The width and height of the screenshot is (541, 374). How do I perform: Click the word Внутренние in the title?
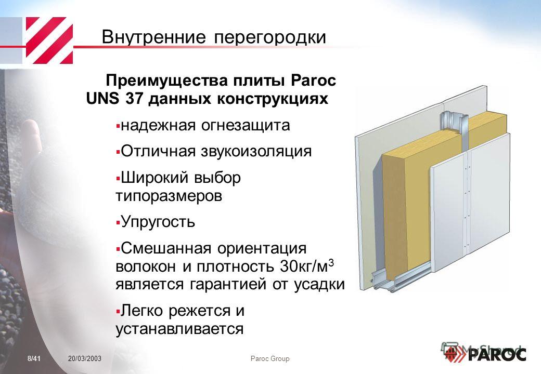154,37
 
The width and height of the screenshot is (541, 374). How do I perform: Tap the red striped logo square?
49,41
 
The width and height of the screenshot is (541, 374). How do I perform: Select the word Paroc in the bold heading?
313,81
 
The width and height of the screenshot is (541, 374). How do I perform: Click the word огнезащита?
246,125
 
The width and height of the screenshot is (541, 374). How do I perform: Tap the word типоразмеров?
169,196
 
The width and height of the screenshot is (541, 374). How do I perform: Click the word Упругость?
158,222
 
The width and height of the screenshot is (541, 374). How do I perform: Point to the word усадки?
319,285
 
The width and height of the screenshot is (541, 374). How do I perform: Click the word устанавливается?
179,328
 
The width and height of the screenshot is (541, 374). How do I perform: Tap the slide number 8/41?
34,359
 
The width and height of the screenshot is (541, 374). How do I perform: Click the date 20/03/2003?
85,359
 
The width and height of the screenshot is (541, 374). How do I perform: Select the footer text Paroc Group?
270,359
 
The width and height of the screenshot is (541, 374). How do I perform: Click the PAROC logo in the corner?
485,354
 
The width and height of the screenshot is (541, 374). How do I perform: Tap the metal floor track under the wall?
400,277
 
